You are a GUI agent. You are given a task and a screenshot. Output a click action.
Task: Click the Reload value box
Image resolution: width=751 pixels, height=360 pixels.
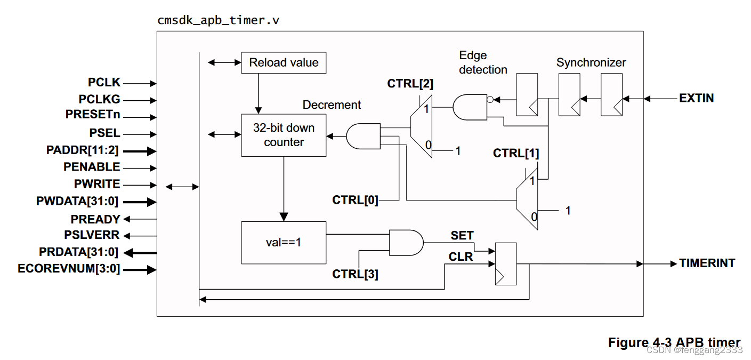284,63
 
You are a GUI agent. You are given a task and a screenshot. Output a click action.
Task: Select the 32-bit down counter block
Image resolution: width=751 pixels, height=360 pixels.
284,135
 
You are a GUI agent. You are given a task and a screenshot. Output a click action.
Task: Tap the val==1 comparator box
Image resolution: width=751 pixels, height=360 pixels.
284,242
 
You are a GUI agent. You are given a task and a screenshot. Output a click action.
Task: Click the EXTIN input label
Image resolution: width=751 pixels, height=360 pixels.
696,98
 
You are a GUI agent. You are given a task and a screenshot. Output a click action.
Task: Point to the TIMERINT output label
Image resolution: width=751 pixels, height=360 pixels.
707,263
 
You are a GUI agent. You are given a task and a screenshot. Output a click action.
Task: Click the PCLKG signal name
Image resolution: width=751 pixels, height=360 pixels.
100,99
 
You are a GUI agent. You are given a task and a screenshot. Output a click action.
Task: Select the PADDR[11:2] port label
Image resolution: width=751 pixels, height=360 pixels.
83,150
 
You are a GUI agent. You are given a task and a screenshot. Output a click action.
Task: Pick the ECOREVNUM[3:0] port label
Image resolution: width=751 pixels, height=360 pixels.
69,269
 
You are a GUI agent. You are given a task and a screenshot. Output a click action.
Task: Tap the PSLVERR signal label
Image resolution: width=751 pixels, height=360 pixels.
92,235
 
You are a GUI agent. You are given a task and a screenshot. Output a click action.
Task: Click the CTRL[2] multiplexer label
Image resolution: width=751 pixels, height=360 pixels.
410,84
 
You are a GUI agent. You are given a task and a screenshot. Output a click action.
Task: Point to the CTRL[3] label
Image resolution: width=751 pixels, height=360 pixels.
355,274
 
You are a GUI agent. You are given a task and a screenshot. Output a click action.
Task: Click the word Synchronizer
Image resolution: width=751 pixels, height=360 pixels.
591,63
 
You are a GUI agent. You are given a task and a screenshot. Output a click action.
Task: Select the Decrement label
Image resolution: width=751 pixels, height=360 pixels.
332,105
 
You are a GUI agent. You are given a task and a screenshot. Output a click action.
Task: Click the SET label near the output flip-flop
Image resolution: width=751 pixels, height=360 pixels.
462,235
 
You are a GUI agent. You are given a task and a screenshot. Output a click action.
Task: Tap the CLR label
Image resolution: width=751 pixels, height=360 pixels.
461,257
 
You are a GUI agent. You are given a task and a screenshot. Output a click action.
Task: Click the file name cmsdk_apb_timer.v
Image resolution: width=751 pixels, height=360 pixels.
219,21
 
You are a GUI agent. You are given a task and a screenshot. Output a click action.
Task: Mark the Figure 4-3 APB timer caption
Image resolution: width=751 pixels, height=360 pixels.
674,342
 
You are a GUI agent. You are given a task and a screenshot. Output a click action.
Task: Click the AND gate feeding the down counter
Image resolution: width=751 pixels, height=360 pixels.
363,137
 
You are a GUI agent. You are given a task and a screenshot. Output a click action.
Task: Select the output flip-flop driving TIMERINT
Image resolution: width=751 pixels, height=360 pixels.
506,263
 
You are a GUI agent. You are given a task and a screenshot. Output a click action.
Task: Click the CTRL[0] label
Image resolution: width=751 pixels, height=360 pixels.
355,200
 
